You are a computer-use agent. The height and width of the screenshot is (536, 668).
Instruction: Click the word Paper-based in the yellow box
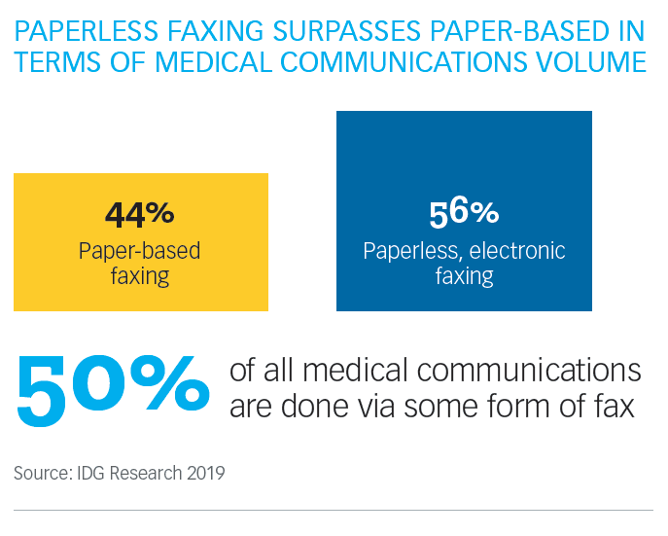pos(140,251)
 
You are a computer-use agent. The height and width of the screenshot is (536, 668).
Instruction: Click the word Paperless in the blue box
pos(410,251)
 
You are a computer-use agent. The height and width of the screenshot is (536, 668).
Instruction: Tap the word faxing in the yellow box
pos(140,276)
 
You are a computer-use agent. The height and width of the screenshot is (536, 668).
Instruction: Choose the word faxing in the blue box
pos(464,276)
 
